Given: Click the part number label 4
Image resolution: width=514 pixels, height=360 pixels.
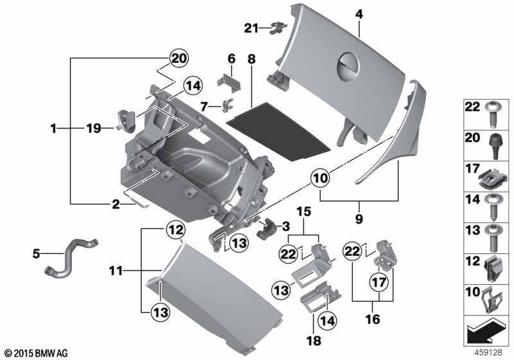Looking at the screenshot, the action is tap(359, 14).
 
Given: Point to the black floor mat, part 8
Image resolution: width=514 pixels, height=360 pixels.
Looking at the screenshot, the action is tap(279, 131).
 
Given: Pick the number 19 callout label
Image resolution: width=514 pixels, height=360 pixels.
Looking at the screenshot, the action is tap(94, 128).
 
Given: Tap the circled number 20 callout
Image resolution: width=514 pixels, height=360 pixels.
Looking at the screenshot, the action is tap(179, 59).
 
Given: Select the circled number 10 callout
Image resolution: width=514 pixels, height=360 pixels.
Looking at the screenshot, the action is tap(321, 178).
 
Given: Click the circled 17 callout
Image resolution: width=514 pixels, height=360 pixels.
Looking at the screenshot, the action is tap(379, 282).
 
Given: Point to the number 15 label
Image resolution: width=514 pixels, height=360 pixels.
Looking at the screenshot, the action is tap(303, 212).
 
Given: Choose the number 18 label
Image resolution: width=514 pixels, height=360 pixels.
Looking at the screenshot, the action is tap(314, 340).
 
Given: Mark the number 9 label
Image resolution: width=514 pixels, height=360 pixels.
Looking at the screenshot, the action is tap(359, 219).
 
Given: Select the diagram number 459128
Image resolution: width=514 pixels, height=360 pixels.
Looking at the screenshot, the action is tap(488, 352).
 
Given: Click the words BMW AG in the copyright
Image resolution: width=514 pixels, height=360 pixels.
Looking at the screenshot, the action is tap(51, 354).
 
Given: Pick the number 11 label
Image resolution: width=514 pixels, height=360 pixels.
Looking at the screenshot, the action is tap(116, 271).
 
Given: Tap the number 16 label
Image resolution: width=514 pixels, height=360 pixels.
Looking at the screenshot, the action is tap(373, 319).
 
